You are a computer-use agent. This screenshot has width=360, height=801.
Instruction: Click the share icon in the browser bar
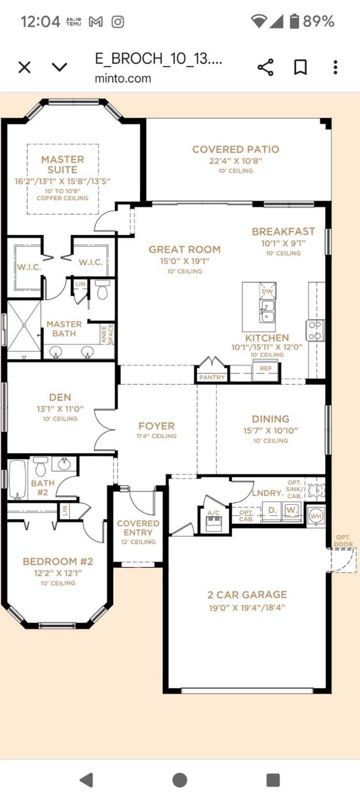point(266,67)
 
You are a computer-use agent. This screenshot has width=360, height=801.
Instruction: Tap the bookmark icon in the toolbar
point(301,67)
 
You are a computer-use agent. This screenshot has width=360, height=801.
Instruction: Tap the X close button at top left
point(25,67)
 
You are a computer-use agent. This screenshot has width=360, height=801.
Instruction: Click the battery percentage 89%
point(318,21)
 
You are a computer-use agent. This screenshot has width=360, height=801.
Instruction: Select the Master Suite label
point(63,164)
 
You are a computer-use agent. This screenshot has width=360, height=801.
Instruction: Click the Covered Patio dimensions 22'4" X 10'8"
point(236,161)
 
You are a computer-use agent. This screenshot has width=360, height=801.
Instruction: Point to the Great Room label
point(184,249)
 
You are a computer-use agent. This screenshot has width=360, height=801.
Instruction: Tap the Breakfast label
point(283,231)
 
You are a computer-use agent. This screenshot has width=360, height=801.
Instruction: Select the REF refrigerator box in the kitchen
point(266,368)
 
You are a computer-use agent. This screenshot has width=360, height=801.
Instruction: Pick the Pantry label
point(212,377)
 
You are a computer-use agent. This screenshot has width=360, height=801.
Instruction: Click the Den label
point(61,397)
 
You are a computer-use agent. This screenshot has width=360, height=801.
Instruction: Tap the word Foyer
point(157,426)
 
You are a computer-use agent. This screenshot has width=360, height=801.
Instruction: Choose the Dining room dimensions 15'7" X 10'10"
point(270,431)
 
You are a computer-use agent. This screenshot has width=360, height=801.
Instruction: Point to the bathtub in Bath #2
point(18,479)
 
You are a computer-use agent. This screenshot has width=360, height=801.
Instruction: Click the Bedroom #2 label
point(57,562)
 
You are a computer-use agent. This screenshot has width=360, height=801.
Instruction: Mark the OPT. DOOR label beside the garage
point(344,541)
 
